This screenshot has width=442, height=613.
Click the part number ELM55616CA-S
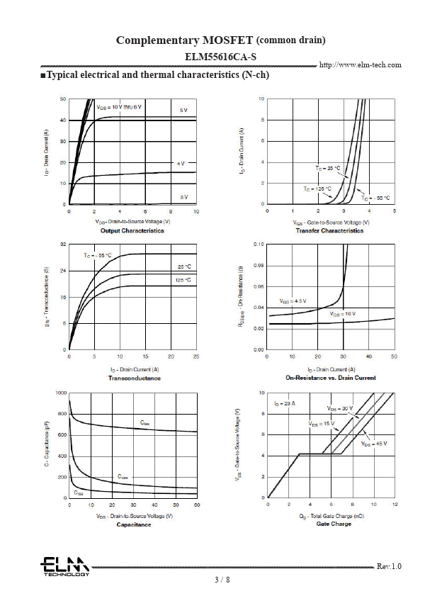220,55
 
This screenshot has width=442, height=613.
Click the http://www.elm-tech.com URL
361,65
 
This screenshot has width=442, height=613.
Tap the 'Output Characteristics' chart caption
132,230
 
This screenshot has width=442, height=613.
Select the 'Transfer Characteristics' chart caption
329,230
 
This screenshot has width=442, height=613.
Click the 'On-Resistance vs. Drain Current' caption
331,378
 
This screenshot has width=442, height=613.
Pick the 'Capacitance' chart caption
133,524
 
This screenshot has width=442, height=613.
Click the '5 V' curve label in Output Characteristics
183,111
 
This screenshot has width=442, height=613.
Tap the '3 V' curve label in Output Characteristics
183,196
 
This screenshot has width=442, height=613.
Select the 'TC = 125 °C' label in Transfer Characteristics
316,189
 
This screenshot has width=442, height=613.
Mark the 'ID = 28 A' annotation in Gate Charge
285,403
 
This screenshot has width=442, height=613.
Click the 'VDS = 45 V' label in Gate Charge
374,444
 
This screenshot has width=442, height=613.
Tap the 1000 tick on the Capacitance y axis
62,393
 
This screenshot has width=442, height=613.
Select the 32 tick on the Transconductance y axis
63,244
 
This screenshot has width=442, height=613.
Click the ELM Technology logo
64,566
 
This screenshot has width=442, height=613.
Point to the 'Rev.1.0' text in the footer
389,566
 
